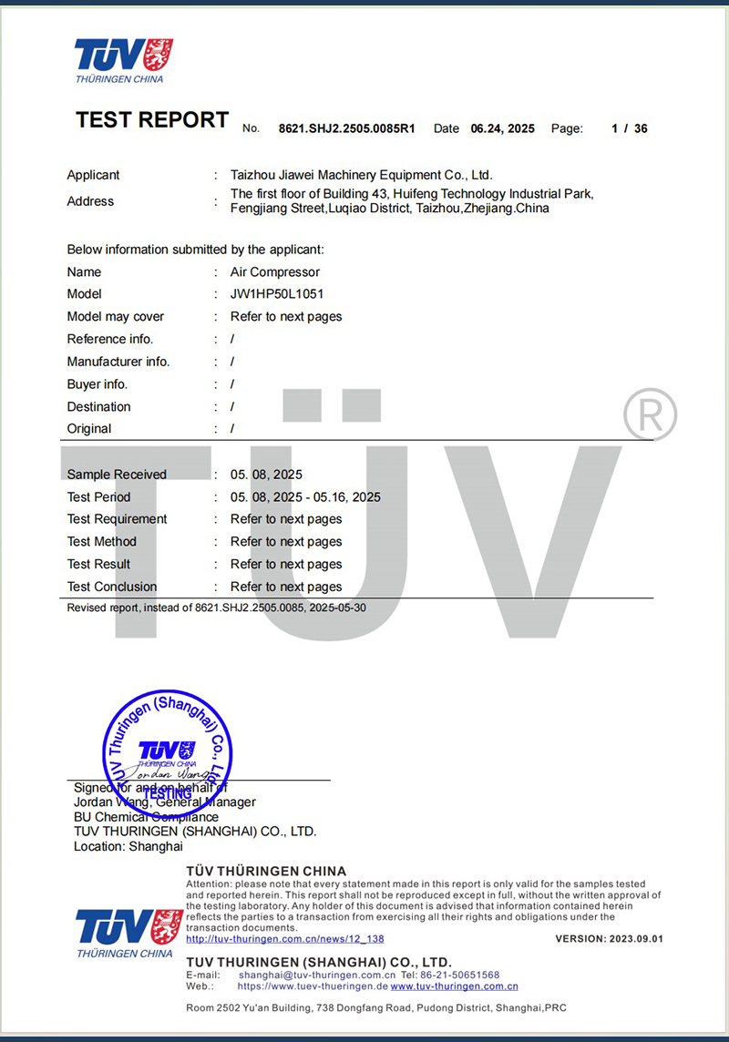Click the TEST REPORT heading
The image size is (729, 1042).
(152, 120)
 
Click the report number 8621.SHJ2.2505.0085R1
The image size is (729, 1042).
(346, 129)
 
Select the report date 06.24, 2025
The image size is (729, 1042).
(502, 129)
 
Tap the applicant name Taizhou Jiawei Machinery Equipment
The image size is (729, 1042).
(361, 175)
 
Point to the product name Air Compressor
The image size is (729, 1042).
(275, 272)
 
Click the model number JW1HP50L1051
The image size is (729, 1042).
(277, 294)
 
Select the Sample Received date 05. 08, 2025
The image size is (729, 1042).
(266, 475)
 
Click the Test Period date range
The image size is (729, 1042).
(305, 497)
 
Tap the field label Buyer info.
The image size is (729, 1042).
(98, 384)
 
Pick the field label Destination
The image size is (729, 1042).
(98, 407)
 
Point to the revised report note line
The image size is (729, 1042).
(217, 608)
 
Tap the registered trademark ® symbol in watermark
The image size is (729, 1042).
(650, 415)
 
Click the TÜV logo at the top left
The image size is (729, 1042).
(123, 60)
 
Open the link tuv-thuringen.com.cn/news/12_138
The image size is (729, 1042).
(285, 939)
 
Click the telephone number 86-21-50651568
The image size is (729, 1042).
(459, 976)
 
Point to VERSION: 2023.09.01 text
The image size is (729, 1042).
(609, 939)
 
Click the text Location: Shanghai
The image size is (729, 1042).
(128, 846)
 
